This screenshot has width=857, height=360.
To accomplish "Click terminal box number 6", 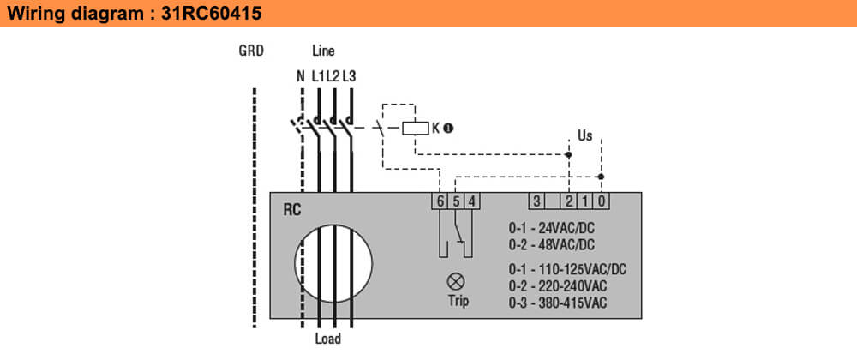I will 440,201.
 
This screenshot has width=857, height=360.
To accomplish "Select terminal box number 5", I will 455,201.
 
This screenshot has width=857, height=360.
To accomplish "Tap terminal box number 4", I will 470,201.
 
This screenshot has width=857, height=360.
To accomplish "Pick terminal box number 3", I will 536,201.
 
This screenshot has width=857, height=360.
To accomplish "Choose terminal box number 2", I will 568,201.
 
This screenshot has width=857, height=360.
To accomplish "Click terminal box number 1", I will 584,201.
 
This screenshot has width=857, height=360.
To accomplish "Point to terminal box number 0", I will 601,201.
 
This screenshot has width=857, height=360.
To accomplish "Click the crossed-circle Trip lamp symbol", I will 457,280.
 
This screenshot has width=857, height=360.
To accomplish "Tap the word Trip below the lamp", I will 458,301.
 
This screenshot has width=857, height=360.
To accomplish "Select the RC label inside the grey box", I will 292,209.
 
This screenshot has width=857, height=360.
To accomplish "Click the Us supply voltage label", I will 585,135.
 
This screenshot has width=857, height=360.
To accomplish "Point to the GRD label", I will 251,51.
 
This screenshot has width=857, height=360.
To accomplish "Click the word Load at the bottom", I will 327,339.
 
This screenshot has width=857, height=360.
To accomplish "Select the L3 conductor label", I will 349,76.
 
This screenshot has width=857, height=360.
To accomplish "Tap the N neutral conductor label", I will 300,76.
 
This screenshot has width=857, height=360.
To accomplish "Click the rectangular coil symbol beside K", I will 416,129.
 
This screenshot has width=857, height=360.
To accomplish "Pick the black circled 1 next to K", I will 447,129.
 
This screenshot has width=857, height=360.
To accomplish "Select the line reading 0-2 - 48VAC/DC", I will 551,243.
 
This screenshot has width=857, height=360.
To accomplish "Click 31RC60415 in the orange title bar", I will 210,15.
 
